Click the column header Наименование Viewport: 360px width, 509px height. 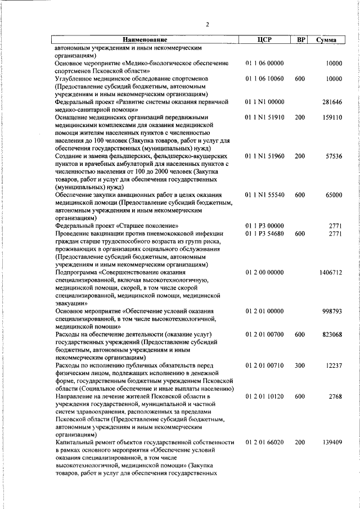[x=146, y=40]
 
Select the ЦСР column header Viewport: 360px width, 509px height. [x=264, y=40]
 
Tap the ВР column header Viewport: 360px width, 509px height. [x=301, y=40]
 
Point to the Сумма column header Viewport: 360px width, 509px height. [x=327, y=40]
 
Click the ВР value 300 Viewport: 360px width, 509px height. [x=300, y=366]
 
